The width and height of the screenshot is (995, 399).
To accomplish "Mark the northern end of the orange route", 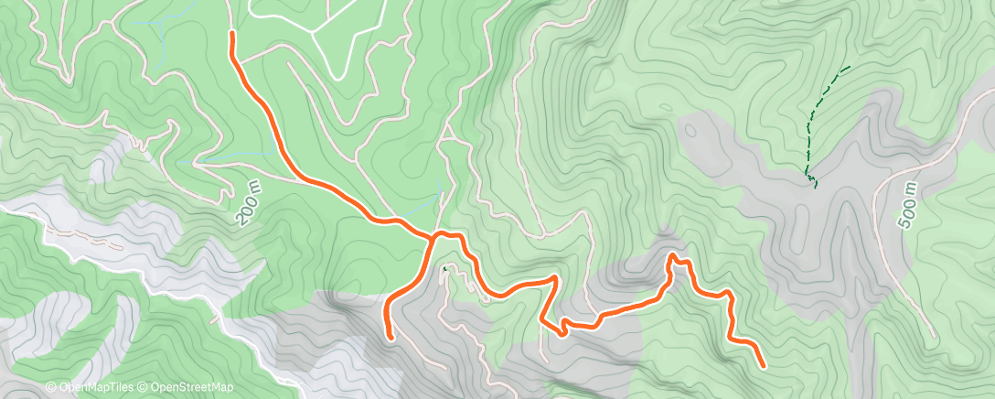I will pyautogui.click(x=232, y=34).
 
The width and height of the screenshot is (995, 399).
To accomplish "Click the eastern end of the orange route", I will pyautogui.click(x=763, y=365).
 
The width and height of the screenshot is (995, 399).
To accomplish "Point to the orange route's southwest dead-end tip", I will pyautogui.click(x=390, y=338).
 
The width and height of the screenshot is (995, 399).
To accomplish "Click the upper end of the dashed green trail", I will pyautogui.click(x=848, y=68).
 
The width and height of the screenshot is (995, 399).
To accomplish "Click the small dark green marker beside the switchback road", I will pyautogui.click(x=445, y=268).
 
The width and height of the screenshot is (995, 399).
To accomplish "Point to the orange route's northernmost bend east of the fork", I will pyautogui.click(x=675, y=256).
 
